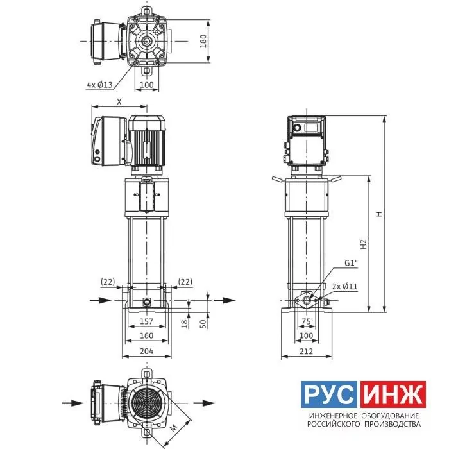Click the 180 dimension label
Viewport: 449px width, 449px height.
point(203,41)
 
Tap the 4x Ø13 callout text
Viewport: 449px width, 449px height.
point(100,85)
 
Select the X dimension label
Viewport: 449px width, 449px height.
point(119,101)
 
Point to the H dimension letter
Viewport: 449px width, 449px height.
point(379,214)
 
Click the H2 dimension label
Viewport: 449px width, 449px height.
point(364,244)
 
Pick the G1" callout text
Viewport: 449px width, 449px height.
point(352,263)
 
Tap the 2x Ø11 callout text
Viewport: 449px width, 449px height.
point(345,286)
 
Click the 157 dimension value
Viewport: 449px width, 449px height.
point(146,321)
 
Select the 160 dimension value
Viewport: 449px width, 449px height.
point(146,335)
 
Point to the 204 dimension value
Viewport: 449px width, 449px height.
point(146,351)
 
